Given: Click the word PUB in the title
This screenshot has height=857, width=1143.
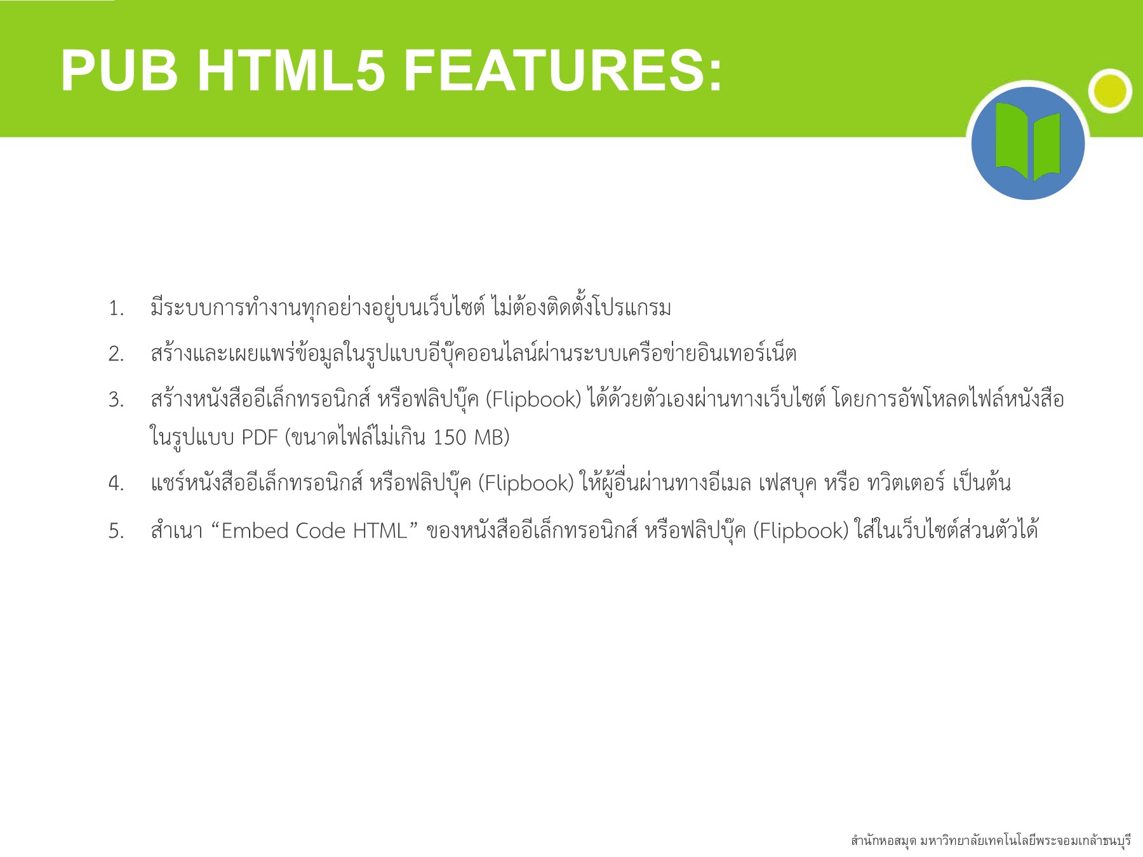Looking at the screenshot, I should pos(119,71).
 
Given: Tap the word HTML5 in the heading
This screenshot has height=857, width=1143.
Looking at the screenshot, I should pos(291,71).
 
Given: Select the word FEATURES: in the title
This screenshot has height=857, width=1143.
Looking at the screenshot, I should pos(563,71).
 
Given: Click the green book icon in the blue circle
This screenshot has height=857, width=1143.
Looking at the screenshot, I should pos(1027,143).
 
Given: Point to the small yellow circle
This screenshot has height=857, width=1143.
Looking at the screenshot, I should pos(1111,91).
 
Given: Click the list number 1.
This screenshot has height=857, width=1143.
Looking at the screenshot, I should pos(116,309).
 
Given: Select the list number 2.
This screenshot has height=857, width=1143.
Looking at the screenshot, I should pos(116,354).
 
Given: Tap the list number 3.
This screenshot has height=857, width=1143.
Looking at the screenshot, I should pos(116,401).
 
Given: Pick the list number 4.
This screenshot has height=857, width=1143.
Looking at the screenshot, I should pos(116,484).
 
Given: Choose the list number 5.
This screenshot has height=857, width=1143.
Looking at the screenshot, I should pos(116,531).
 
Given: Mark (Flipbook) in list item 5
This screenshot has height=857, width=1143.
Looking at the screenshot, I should pos(801,531).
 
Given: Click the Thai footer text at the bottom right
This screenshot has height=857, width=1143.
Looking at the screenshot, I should pos(991,841).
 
